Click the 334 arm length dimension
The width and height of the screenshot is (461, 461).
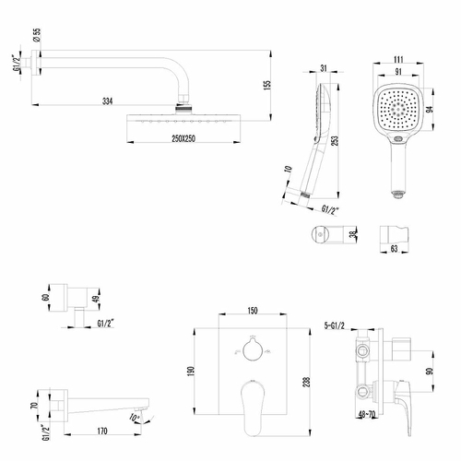click(109, 100)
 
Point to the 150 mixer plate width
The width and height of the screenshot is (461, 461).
click(251, 312)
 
